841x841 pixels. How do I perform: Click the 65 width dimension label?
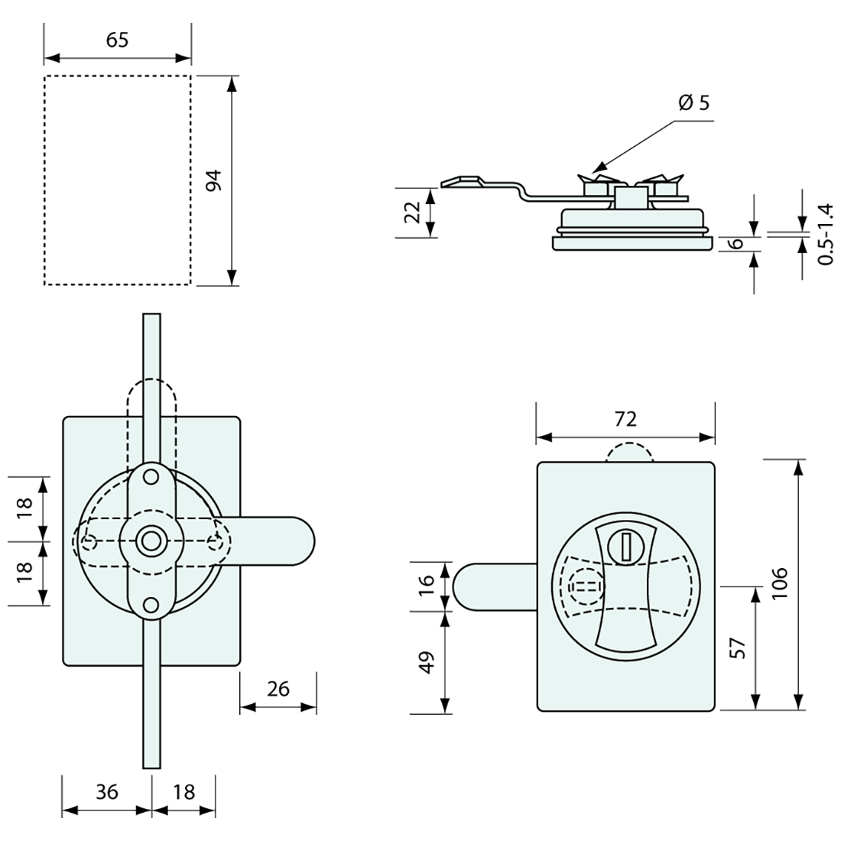[117, 40]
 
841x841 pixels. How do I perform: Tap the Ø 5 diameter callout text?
[693, 102]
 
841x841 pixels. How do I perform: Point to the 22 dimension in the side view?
[413, 212]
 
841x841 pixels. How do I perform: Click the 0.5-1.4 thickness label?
[824, 234]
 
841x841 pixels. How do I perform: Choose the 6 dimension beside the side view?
[737, 244]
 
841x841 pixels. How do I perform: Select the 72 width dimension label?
[625, 418]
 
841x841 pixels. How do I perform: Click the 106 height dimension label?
[778, 583]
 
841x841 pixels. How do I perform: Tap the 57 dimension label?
[738, 648]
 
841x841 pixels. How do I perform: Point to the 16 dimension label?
[427, 585]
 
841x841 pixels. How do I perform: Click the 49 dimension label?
[427, 662]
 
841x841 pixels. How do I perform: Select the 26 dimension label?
[278, 689]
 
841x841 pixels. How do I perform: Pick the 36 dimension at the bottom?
[107, 792]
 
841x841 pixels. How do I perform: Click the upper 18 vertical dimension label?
[24, 508]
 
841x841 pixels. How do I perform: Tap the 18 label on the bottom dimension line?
[183, 792]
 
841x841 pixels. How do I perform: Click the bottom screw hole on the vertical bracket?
[151, 606]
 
